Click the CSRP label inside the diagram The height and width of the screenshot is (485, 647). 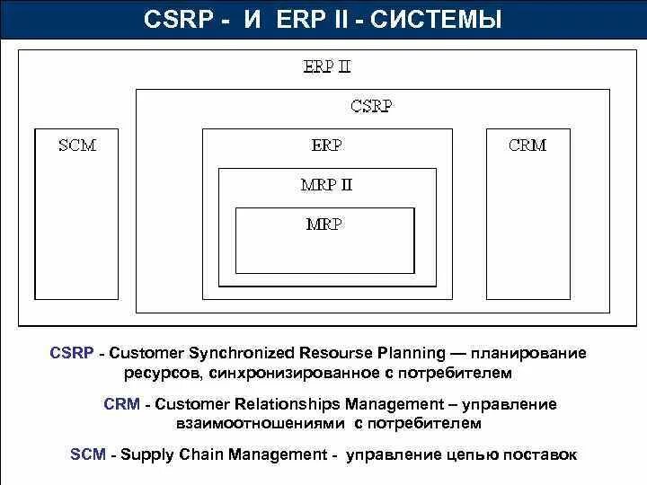pos(370,106)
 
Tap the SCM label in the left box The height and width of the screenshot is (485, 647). pos(76,145)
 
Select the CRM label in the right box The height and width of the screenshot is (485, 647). pos(527,145)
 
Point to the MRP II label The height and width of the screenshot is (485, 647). pos(326,185)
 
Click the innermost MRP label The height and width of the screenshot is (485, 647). pos(323,224)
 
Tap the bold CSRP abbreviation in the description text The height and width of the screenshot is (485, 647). pos(72,353)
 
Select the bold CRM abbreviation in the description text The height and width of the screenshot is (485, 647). pos(121,404)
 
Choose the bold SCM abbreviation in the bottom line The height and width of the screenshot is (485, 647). pos(88,454)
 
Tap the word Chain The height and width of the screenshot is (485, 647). pos(203,454)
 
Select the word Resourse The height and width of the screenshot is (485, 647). pos(332,353)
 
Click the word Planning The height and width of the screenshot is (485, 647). pos(410,353)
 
